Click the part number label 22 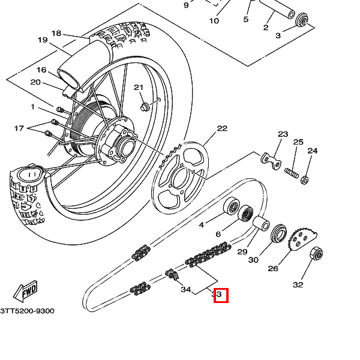pos(222,128)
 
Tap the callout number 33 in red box pos(220,295)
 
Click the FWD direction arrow pos(26,293)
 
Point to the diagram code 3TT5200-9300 pos(27,311)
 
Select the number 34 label pos(186,290)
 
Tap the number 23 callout pos(283,134)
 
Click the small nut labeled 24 pos(304,179)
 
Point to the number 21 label pos(139,88)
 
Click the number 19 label pos(42,40)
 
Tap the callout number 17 pos(19,128)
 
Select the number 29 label pos(242,252)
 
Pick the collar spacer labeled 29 pos(262,224)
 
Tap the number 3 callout pos(278,35)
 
